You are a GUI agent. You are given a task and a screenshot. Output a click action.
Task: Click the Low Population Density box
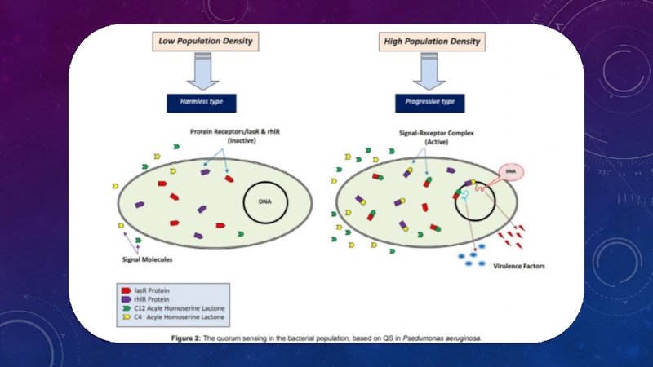point(204,41)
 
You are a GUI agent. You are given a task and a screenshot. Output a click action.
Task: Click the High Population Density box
point(432,41)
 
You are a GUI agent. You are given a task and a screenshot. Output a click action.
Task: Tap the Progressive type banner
point(430,102)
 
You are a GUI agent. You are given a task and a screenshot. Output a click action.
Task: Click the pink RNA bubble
point(511,172)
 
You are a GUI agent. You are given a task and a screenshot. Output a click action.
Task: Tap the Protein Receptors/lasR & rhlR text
point(230,130)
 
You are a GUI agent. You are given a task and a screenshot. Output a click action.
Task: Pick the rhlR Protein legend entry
point(163,299)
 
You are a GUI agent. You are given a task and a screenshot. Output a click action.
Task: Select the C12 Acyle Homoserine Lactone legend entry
point(178,308)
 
